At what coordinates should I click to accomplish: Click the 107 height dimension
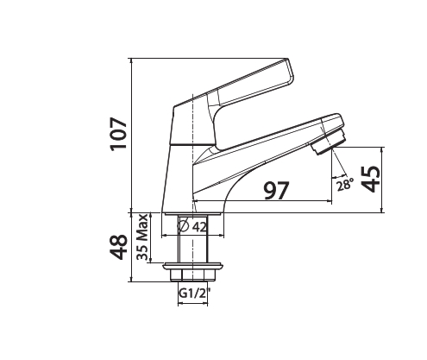(x=118, y=135)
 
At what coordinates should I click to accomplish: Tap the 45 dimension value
(x=370, y=179)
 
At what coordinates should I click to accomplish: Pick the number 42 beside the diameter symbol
(x=198, y=227)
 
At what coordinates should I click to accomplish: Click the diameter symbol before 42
(x=183, y=227)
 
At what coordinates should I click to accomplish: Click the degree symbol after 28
(x=353, y=180)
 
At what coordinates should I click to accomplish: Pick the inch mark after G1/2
(x=208, y=291)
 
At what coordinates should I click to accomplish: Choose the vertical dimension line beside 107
(x=131, y=135)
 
